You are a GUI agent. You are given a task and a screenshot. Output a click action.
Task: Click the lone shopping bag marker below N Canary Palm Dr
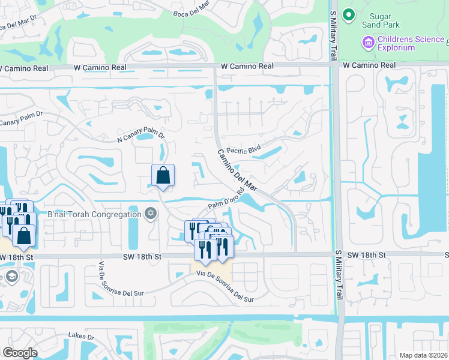(x=163, y=175)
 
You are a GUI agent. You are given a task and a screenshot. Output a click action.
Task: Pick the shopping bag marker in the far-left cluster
(x=23, y=236)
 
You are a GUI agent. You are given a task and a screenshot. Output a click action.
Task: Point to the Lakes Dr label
(x=82, y=336)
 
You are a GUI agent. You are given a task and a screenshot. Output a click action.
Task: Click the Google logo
(x=20, y=353)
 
